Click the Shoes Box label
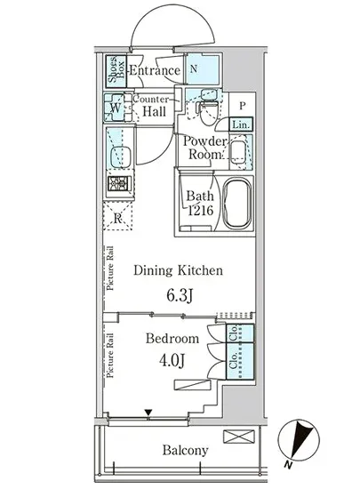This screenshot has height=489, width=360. point(116,70)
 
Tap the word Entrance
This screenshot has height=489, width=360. point(155,70)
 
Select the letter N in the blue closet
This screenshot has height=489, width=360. point(194,68)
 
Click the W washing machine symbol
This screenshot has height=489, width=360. point(114,108)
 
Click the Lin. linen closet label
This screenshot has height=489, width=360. point(241,124)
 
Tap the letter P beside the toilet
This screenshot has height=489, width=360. point(242,106)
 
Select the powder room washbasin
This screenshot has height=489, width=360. point(238,151)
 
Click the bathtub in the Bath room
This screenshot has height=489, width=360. point(237,204)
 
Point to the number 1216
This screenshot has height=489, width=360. point(200,211)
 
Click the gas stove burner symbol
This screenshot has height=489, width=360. point(118,184)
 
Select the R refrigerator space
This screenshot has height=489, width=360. point(117,216)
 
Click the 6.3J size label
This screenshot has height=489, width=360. point(180,295)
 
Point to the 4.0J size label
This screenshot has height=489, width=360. point(172,360)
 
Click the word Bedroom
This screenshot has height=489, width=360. point(172,339)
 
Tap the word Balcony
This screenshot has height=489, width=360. point(185,451)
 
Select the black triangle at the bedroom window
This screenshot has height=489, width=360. point(148,413)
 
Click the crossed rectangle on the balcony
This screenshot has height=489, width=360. point(239,437)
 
